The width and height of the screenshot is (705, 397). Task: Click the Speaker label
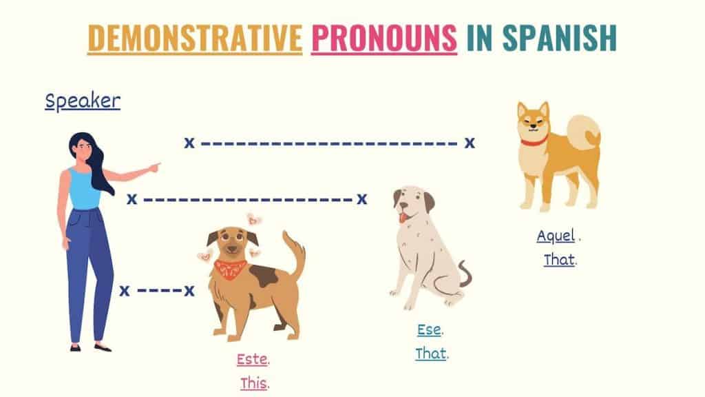[83, 101]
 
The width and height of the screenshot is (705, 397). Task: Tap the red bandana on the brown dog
[231, 267]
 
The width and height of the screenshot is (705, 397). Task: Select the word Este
[252, 359]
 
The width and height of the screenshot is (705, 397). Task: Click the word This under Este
[253, 383]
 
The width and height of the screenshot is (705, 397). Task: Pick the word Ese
[430, 329]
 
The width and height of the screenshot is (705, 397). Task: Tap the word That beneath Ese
[431, 354]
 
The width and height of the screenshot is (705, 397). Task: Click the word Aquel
[556, 236]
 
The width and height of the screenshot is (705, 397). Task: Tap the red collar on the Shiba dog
[534, 141]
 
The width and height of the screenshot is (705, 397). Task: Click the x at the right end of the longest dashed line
[470, 143]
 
